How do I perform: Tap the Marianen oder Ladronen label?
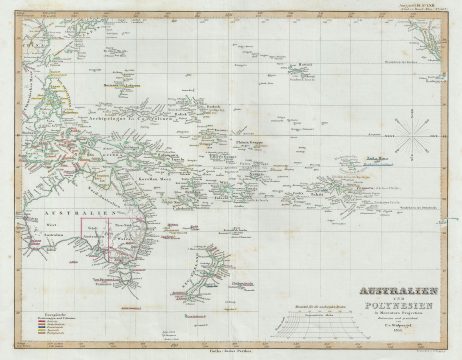click(x=128, y=87)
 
